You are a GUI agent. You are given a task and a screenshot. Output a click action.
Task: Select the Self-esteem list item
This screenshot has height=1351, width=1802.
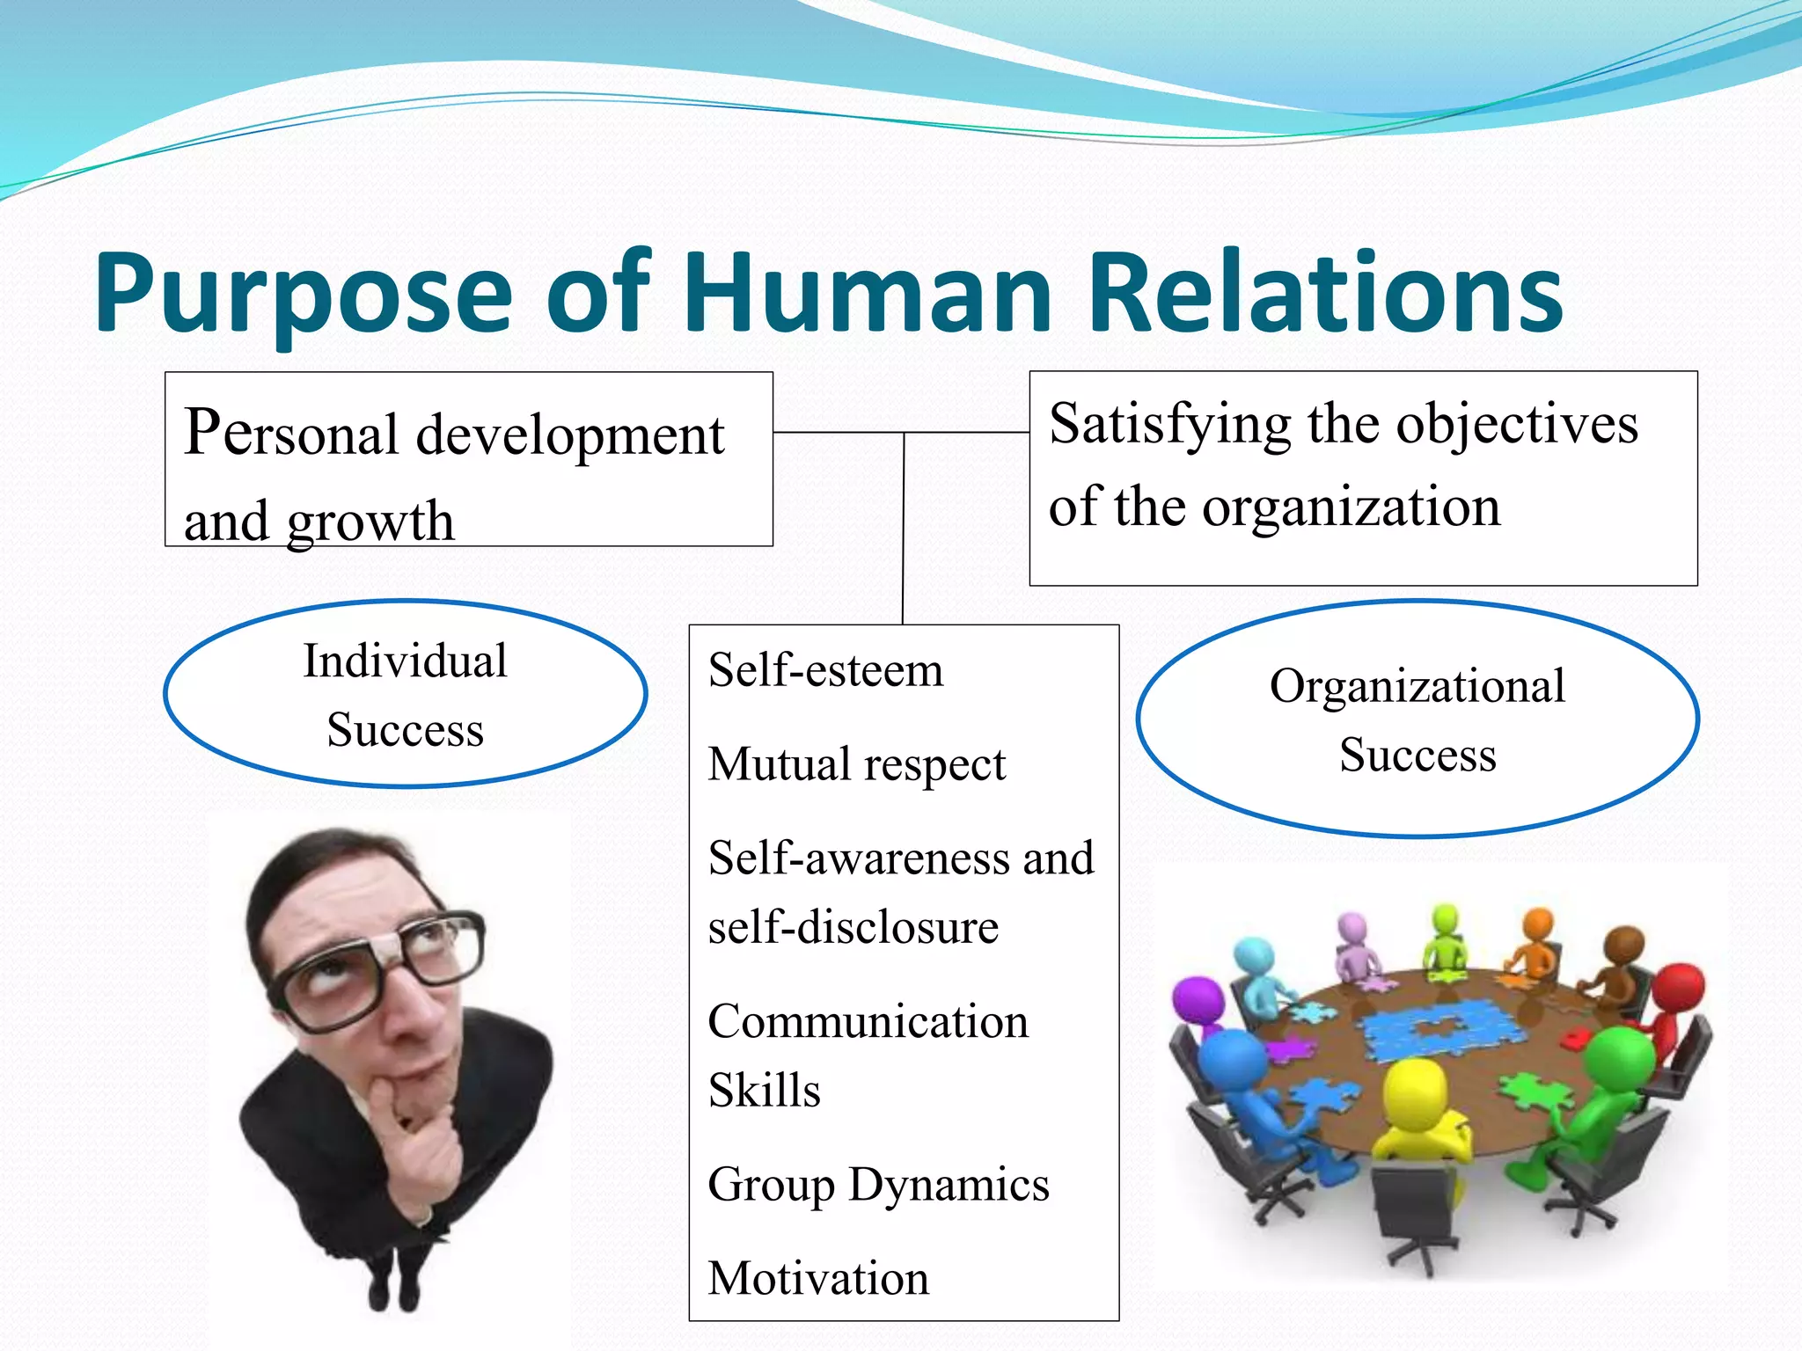825,670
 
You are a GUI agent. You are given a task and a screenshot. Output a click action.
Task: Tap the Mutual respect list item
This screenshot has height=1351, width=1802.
856,763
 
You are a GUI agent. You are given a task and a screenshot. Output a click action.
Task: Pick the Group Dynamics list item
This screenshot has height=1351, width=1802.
878,1185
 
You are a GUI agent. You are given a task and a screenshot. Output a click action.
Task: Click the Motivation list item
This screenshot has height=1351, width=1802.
818,1278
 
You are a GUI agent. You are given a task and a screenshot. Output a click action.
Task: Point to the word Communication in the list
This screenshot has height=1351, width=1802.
868,1022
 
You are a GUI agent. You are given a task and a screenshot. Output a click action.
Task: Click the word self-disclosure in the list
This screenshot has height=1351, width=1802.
853,927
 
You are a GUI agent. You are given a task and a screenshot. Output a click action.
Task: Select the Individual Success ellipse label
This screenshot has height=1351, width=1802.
405,695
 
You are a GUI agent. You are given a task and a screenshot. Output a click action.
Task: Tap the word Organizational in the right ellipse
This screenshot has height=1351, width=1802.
1417,686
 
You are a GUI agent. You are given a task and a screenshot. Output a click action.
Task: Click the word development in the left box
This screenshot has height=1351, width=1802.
569,435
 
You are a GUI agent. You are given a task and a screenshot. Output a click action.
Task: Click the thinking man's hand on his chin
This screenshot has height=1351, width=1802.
414,1135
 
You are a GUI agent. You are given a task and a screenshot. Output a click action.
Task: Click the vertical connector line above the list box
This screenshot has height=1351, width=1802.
904,528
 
